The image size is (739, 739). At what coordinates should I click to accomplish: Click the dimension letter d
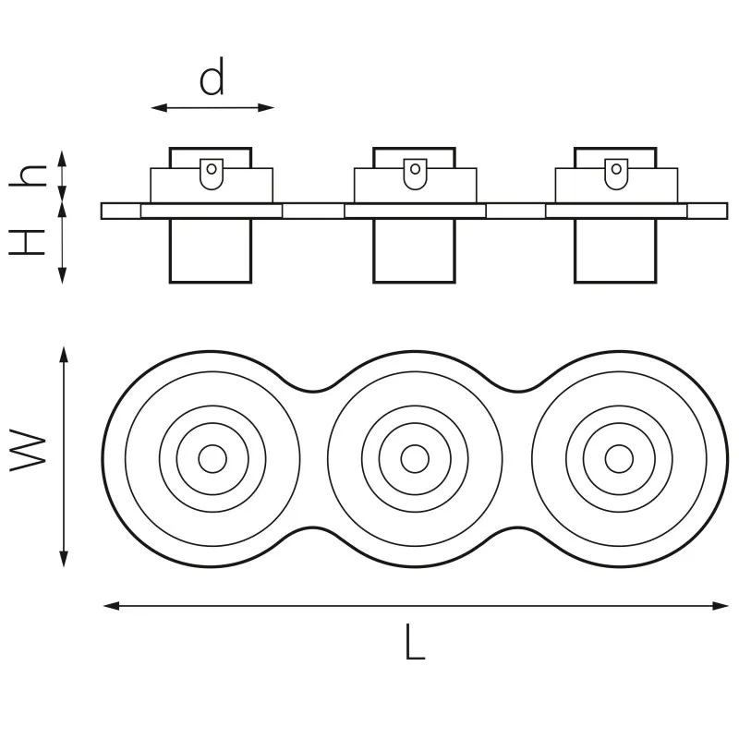click(x=212, y=79)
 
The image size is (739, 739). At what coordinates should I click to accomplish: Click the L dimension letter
click(x=415, y=642)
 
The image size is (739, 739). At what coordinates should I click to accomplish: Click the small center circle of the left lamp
click(x=212, y=458)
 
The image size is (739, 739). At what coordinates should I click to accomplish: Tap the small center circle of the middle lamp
click(x=415, y=458)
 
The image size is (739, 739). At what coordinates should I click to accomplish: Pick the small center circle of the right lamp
click(x=617, y=458)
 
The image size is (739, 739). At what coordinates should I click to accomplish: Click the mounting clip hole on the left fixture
click(x=212, y=169)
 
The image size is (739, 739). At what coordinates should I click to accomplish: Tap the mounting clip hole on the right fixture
click(x=615, y=169)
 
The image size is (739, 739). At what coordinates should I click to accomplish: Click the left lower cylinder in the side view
click(x=211, y=250)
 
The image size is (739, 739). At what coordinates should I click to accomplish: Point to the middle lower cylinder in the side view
click(x=415, y=250)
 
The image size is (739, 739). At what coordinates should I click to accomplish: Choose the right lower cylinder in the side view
click(x=615, y=250)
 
